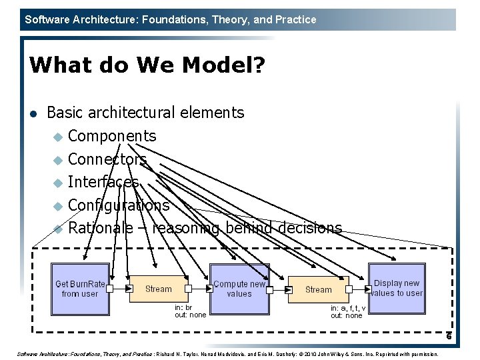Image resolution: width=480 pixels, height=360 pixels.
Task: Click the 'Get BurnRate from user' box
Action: tap(80, 289)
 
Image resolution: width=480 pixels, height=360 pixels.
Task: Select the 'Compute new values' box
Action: tap(239, 289)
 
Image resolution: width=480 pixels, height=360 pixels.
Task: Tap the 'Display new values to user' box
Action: tap(397, 288)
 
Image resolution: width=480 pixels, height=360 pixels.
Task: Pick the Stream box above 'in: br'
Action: tap(158, 289)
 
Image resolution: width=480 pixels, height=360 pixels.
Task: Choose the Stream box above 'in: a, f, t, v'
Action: tap(318, 289)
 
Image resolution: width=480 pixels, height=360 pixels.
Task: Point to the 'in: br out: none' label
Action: tap(190, 311)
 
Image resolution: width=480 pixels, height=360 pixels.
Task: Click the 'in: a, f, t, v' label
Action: tap(348, 309)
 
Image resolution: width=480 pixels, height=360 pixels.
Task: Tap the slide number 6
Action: tap(449, 336)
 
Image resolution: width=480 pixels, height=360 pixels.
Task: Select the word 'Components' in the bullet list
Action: tap(112, 136)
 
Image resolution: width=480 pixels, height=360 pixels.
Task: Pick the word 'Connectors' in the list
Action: tap(107, 159)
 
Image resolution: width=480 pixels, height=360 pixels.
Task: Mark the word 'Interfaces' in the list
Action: tap(103, 182)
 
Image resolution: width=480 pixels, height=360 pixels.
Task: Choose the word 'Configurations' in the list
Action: tap(119, 205)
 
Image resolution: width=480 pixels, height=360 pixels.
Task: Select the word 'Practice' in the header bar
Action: tap(295, 19)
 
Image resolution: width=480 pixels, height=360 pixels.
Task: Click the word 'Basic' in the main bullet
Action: tap(64, 113)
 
